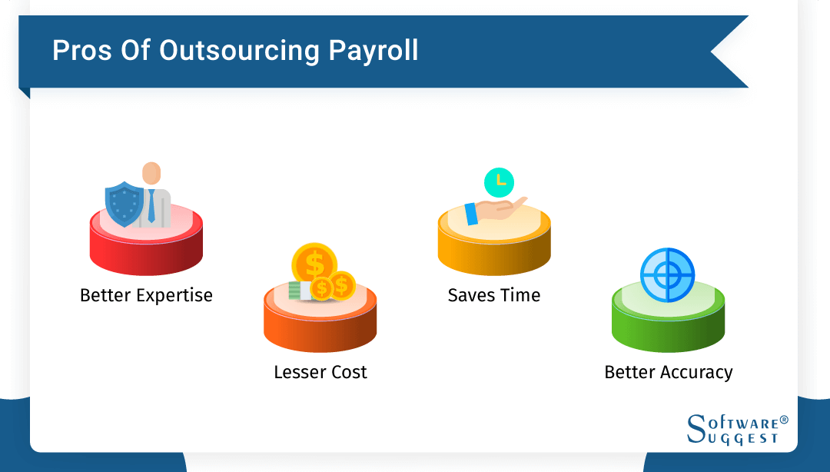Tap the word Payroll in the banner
pyautogui.click(x=373, y=50)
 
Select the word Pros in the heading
pyautogui.click(x=80, y=50)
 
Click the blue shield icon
pyautogui.click(x=123, y=203)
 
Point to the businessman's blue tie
pyautogui.click(x=151, y=205)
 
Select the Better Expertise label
pyautogui.click(x=146, y=295)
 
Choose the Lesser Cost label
pyautogui.click(x=320, y=372)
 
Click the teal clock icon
pyautogui.click(x=500, y=181)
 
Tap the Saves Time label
pyautogui.click(x=494, y=295)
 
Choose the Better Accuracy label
pyautogui.click(x=669, y=372)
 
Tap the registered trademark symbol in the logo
pyautogui.click(x=784, y=420)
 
